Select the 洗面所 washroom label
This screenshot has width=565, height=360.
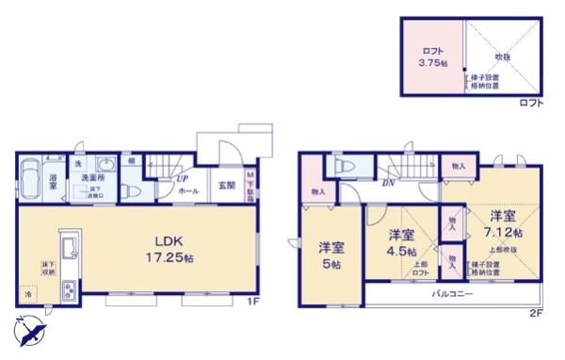click(x=90, y=177)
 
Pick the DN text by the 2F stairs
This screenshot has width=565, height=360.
click(x=387, y=182)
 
